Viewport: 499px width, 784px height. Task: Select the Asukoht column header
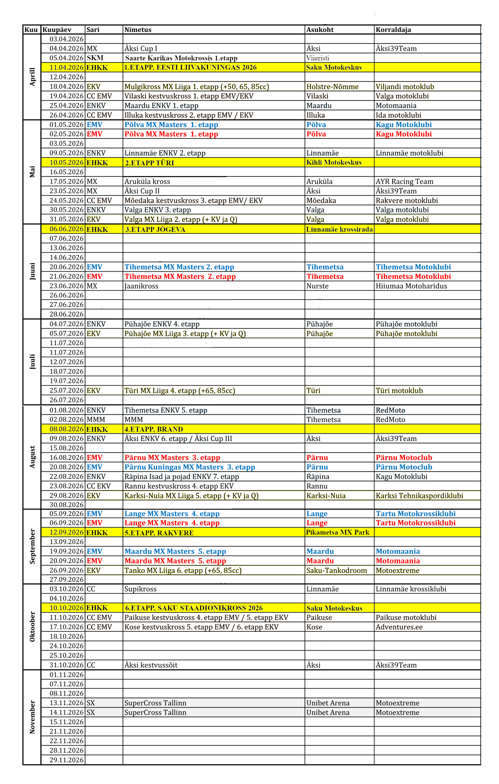point(320,30)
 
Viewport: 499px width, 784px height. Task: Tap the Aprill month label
point(32,77)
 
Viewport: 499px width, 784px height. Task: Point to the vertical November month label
point(32,717)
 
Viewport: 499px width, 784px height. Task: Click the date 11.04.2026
point(66,67)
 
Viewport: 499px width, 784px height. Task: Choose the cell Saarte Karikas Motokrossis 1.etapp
point(181,58)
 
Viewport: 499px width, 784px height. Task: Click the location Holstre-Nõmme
point(332,87)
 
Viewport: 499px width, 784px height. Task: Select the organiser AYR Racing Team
point(404,181)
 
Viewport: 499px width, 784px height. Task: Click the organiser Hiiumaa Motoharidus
point(411,286)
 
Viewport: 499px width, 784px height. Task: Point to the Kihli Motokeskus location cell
point(334,162)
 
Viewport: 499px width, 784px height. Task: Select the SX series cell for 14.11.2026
point(91,712)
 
